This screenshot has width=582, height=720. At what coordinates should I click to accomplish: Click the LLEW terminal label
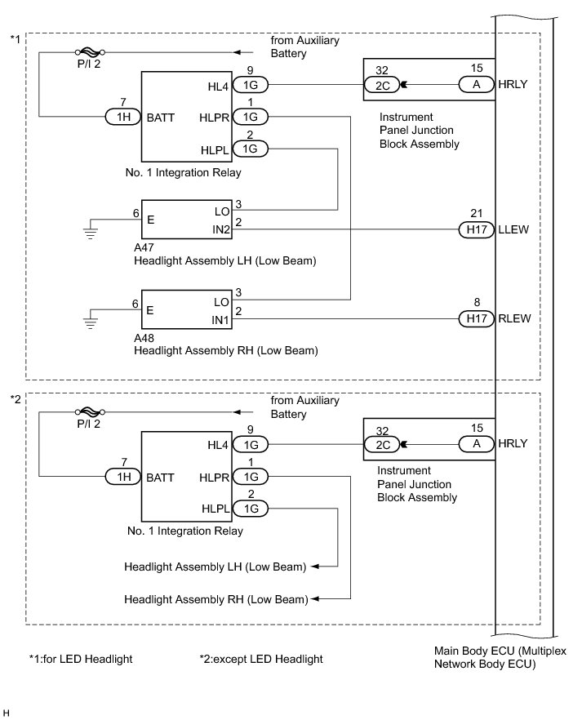tap(513, 229)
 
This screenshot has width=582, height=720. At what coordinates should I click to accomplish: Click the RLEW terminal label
tap(514, 318)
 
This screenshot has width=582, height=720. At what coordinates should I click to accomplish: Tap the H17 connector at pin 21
tap(477, 229)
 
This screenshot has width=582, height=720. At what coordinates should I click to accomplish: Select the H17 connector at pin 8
tap(477, 318)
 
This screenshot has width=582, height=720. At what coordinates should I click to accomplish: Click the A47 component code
tap(144, 247)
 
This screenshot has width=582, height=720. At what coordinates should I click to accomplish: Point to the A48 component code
tap(144, 338)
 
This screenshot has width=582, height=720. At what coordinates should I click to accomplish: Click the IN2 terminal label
tap(220, 229)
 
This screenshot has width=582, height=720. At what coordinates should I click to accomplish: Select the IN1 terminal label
tap(220, 320)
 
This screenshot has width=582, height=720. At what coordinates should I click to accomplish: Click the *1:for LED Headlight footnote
tap(81, 659)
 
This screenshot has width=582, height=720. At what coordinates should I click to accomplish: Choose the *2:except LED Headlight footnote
tap(261, 659)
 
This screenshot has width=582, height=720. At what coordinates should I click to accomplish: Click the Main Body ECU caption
tap(500, 657)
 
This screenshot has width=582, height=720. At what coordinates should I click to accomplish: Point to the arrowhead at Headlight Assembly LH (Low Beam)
tap(315, 567)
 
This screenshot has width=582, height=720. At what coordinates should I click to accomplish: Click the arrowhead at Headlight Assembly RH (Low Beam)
tap(315, 599)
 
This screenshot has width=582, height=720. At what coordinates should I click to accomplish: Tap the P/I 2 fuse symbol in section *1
tap(90, 52)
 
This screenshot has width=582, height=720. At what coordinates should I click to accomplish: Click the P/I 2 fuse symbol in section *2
tap(90, 412)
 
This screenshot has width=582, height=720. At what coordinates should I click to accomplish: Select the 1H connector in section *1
tap(123, 117)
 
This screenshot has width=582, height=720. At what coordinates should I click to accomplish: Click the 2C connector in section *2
tap(382, 444)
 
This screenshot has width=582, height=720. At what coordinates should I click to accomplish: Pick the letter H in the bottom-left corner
tap(6, 713)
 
